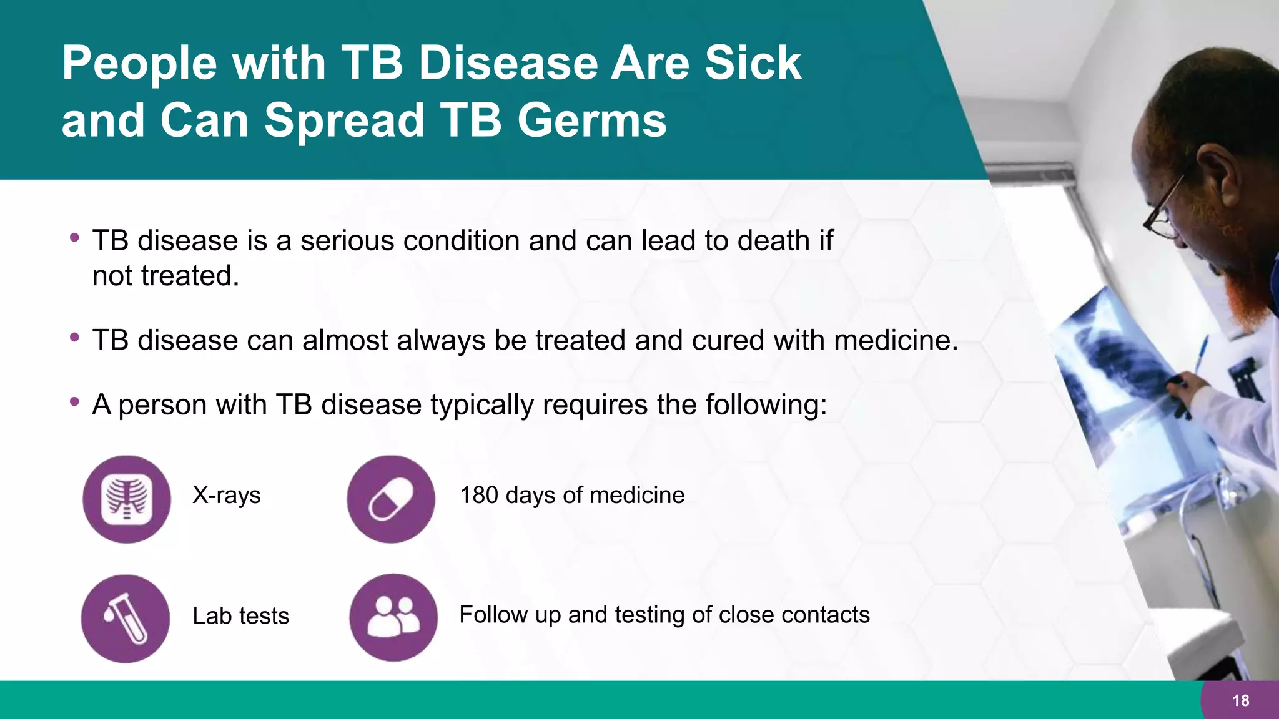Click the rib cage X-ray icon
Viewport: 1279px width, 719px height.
coord(127,499)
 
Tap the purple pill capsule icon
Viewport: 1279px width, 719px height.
coord(391,499)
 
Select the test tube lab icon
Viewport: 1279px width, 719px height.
coord(126,618)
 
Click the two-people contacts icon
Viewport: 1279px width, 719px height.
coord(393,617)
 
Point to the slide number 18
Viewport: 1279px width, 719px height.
coord(1240,700)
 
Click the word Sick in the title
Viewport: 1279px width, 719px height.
coord(753,63)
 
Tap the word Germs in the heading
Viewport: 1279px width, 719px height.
coord(591,120)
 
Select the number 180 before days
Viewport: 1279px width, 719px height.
coord(479,495)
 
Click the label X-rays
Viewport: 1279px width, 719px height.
coord(226,495)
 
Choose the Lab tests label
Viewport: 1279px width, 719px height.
coord(240,615)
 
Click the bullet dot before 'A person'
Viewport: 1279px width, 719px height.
coord(75,401)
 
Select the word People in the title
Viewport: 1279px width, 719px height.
coord(139,63)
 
